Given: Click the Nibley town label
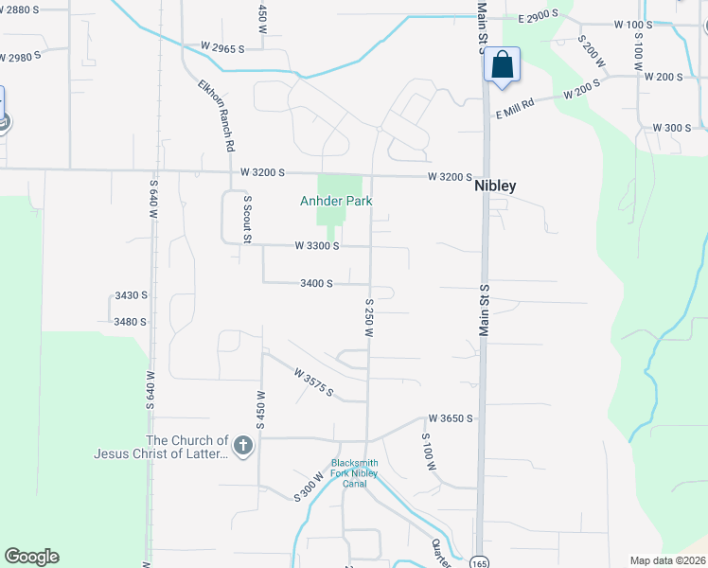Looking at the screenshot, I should (495, 186).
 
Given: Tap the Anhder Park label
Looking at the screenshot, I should (336, 201).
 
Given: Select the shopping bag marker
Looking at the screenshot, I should (502, 66).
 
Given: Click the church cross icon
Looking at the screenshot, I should (243, 445).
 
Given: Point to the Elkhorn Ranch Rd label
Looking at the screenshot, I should (216, 115).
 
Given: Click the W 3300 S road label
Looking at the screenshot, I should (317, 245).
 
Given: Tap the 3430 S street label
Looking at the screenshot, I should (131, 295).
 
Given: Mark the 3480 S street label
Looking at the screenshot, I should (131, 322).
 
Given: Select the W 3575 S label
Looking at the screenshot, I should (313, 383).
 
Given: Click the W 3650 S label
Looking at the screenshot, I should (450, 417).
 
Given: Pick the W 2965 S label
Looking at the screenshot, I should (222, 46).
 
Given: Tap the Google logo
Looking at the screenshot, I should (31, 557).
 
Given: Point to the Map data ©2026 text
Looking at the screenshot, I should (668, 560).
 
